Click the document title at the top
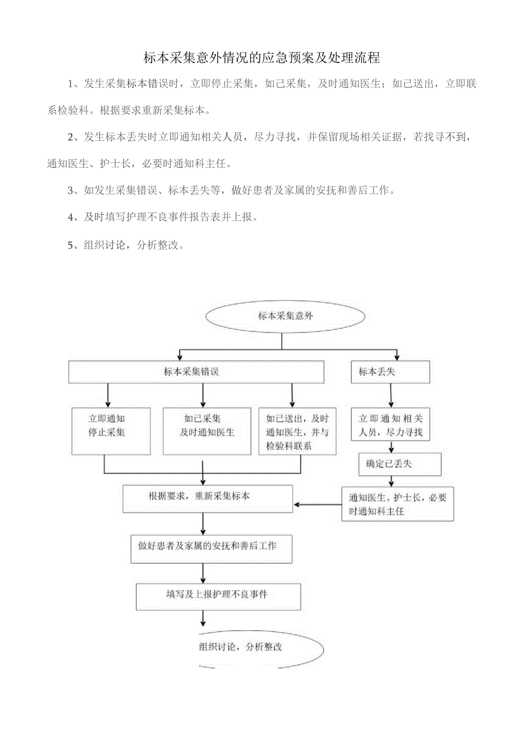coord(261,58)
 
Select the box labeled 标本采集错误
coord(196,372)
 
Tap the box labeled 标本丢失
coord(390,372)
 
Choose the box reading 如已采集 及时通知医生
coord(206,431)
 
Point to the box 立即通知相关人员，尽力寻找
coord(390,425)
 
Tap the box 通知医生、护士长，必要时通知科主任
coord(397,504)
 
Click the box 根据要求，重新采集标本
coord(208,498)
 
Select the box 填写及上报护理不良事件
coord(218,596)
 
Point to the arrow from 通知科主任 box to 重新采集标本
coord(317,504)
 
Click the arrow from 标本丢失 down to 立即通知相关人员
coord(390,396)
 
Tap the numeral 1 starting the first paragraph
coord(70,85)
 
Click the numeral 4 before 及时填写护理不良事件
coord(70,218)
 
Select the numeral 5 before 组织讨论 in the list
coord(70,245)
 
